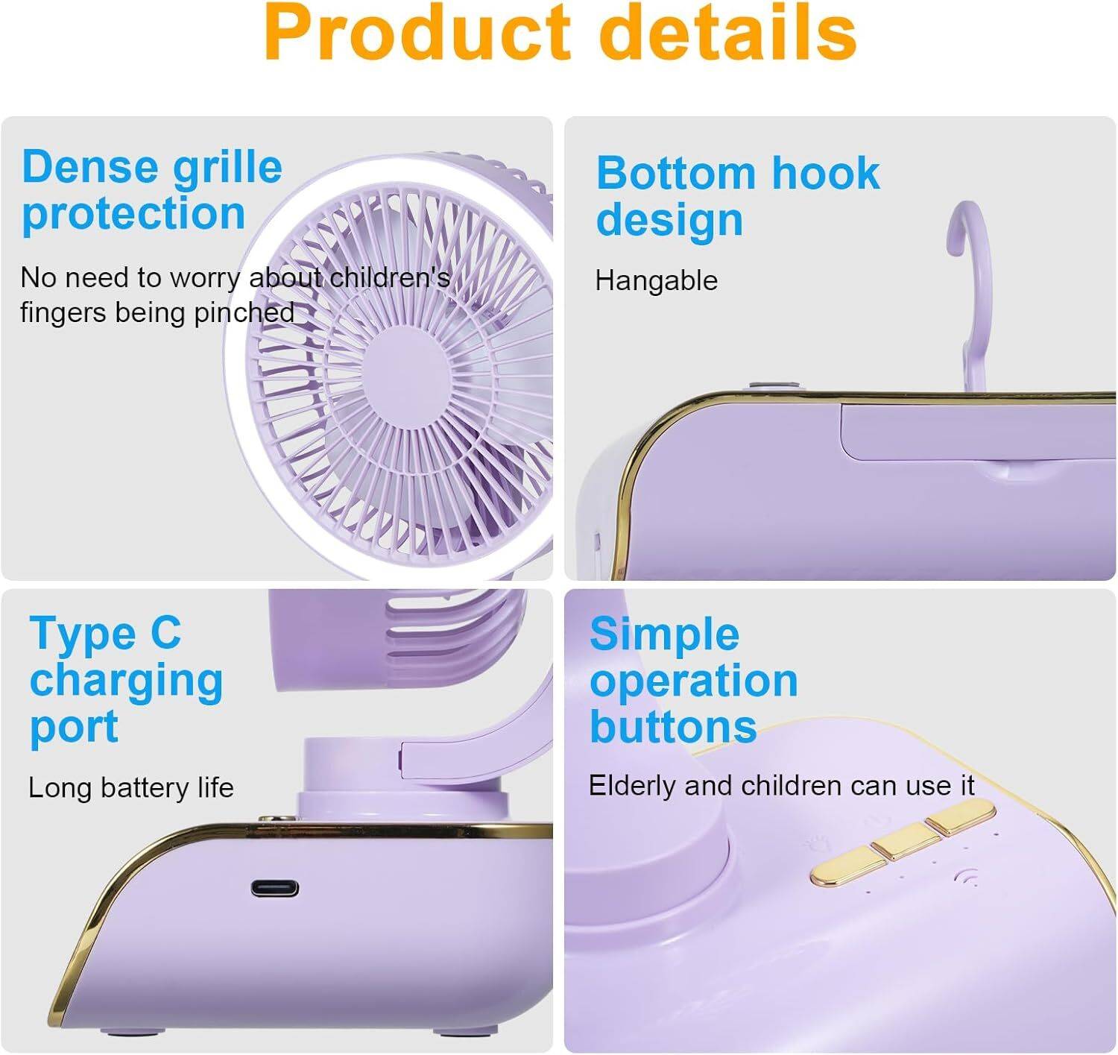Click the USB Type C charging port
coord(275,889)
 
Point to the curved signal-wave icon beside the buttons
coord(966,876)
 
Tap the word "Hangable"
coord(657,280)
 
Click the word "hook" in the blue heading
coord(825,174)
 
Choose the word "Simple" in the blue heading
coord(664,634)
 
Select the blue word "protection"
coord(133,215)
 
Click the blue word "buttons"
coord(673,727)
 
